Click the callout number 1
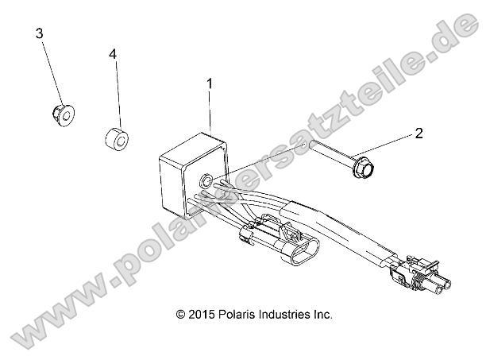coord(210,83)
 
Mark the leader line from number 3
coord(49,74)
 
